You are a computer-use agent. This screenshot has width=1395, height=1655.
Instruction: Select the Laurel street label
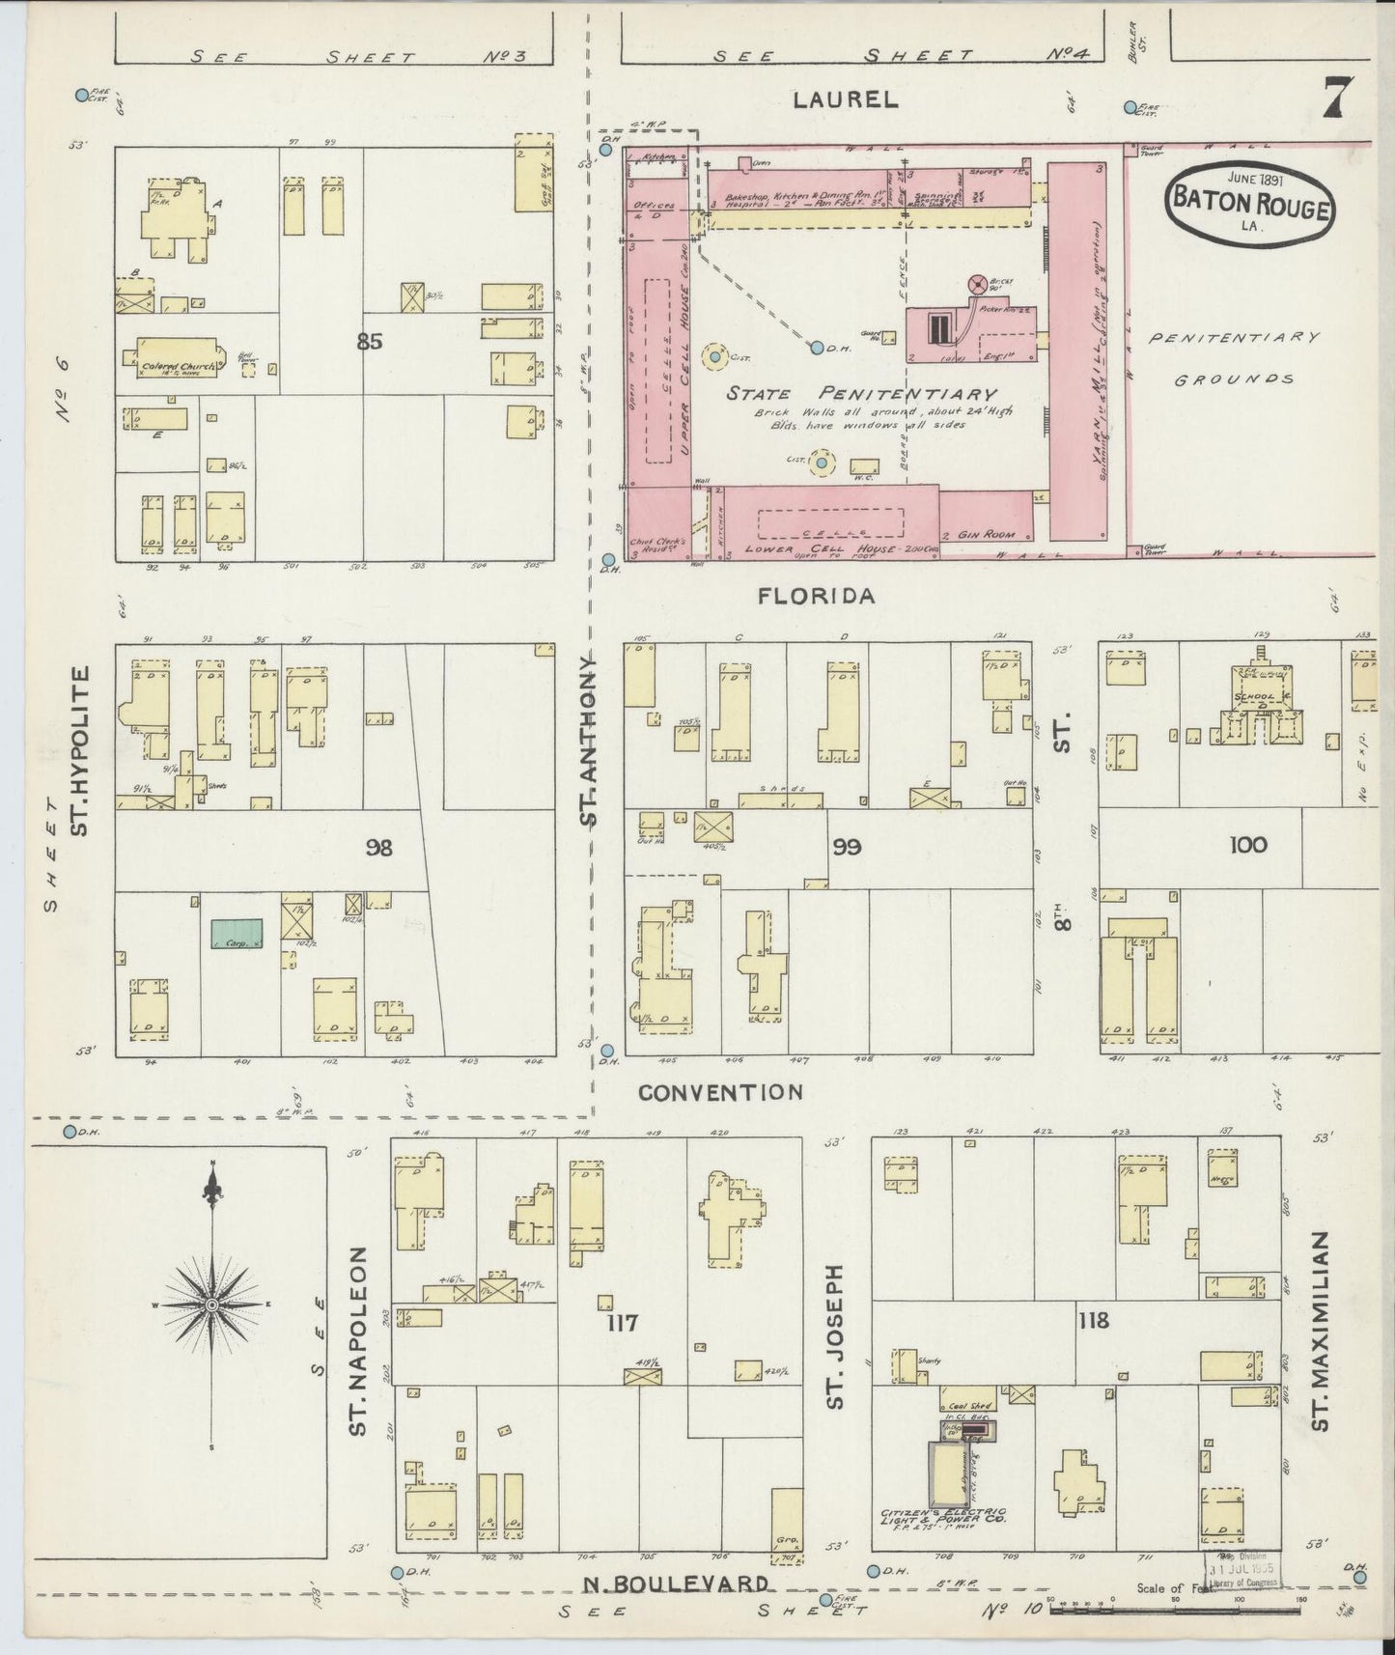coord(846,98)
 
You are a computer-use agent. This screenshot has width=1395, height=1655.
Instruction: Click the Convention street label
coord(720,1092)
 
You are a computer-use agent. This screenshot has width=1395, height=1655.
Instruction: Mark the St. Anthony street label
coord(588,739)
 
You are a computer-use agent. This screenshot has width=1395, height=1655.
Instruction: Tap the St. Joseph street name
coord(835,1335)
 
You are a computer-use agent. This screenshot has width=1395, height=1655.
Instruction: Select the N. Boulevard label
coord(677,1585)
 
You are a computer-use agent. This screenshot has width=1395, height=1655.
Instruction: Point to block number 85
coord(369,341)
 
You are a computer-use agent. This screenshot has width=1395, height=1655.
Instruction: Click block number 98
coord(379,848)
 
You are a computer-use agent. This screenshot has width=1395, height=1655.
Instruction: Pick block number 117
coord(621,1322)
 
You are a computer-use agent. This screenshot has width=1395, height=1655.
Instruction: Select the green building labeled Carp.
coord(237,934)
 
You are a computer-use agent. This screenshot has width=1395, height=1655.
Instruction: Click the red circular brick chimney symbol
coord(977,285)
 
